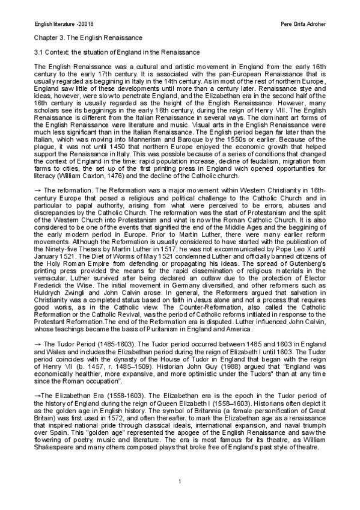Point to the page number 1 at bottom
point(180,482)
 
